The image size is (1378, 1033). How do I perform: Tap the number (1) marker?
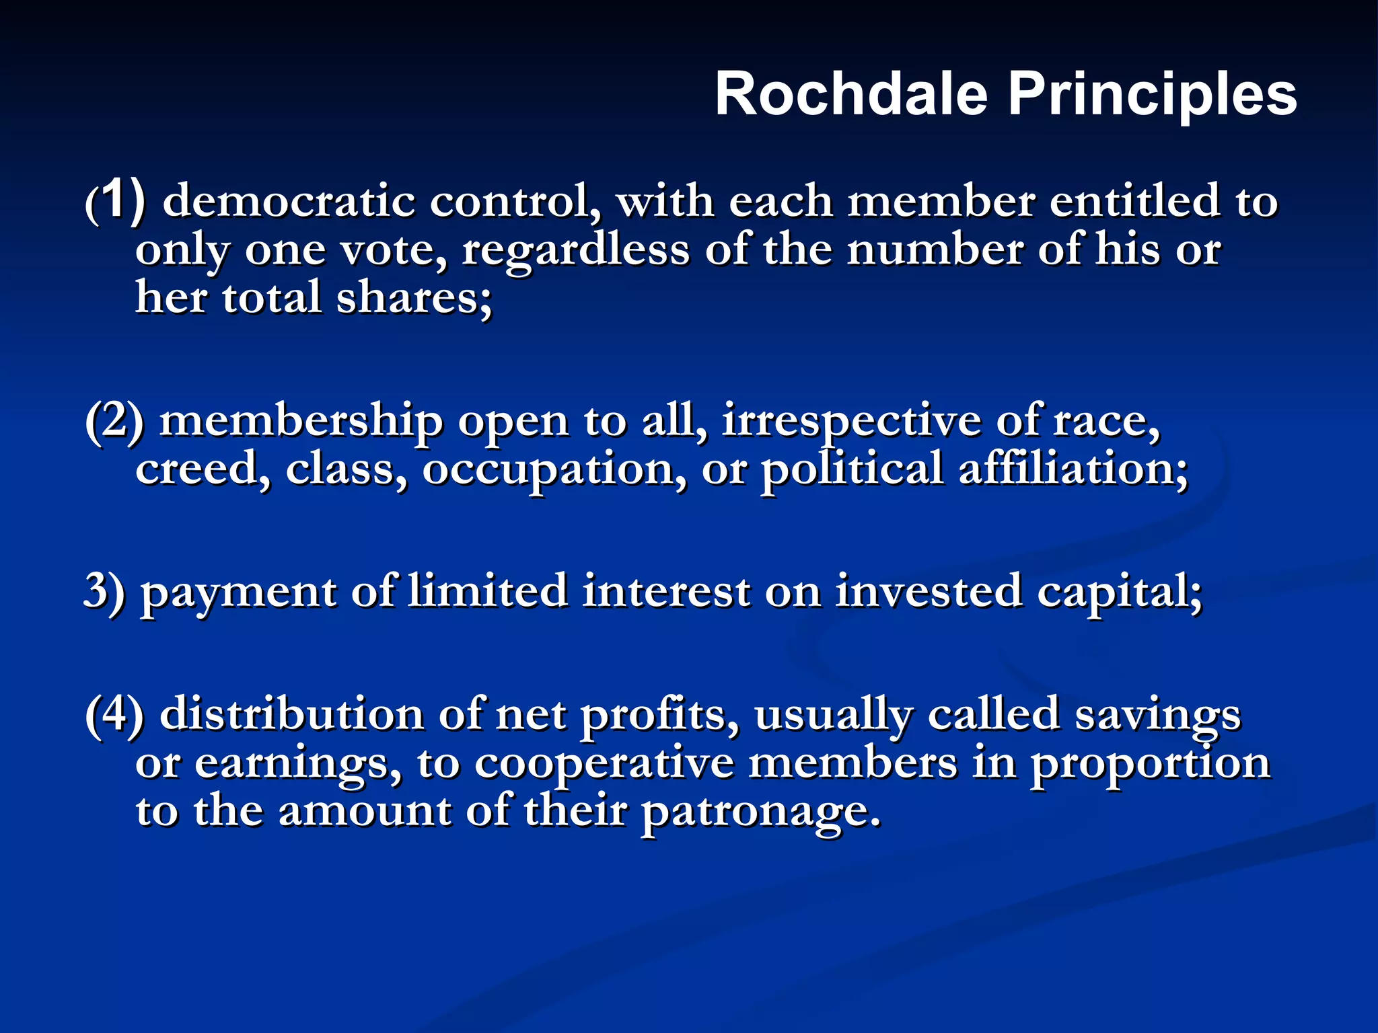(x=115, y=201)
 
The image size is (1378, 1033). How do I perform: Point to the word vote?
(x=393, y=250)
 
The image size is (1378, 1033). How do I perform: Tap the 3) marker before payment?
(x=105, y=592)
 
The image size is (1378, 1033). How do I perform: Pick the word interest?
(x=665, y=592)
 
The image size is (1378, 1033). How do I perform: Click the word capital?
(x=1118, y=592)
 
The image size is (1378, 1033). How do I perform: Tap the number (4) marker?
(x=114, y=714)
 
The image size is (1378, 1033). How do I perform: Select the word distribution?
(x=291, y=714)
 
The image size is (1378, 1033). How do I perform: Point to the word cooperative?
(x=604, y=764)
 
